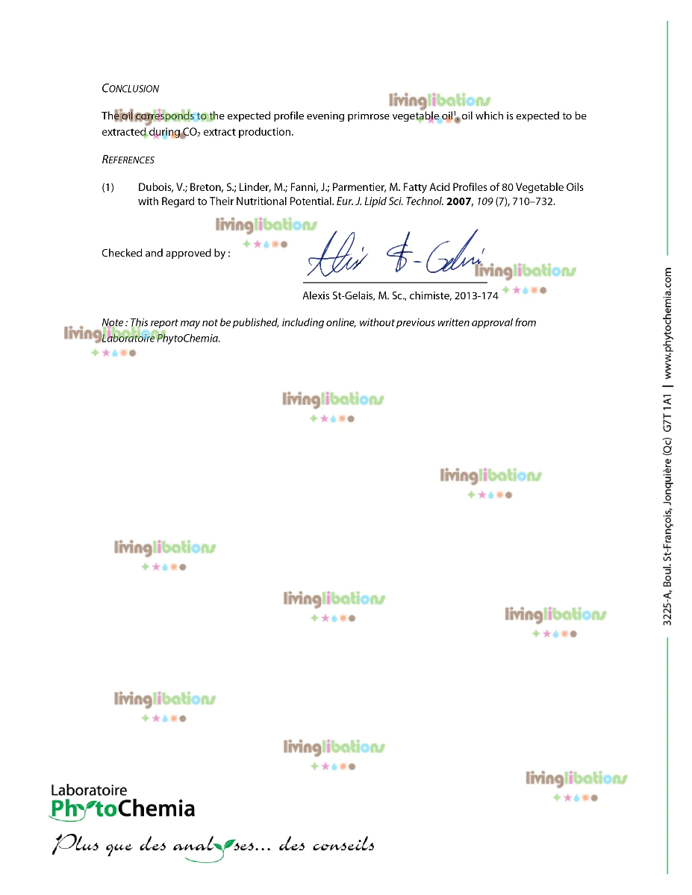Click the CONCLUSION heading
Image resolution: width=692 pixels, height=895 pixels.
point(130,89)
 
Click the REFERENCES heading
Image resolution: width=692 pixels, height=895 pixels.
point(128,160)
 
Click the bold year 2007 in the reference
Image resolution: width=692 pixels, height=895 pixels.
point(459,201)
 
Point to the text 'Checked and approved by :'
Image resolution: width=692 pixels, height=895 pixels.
point(165,254)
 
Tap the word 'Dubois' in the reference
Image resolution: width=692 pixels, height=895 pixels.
point(155,187)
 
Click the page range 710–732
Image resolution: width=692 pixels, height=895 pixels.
point(532,201)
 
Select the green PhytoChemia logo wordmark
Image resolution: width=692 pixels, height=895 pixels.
point(122,808)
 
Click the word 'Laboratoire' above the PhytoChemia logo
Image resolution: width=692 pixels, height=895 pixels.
point(88,790)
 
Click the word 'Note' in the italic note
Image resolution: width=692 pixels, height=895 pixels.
point(113,323)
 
